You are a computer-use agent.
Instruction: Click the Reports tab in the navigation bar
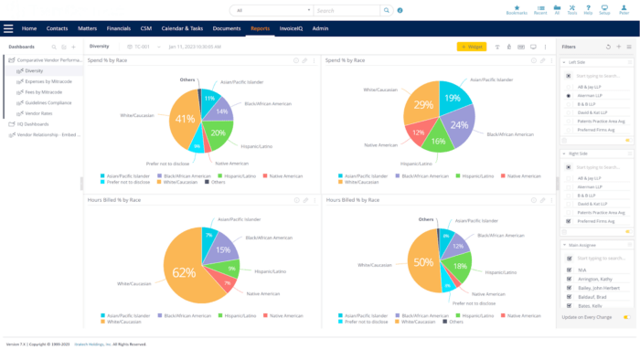tap(260, 28)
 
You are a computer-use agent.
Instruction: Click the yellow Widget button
tap(472, 47)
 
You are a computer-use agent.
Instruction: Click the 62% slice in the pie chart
tap(185, 272)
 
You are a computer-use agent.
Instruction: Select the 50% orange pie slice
tap(425, 263)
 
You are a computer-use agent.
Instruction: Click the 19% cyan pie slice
tap(452, 98)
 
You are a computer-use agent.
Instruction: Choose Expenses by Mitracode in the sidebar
tap(47, 81)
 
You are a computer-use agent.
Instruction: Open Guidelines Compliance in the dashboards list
tap(48, 102)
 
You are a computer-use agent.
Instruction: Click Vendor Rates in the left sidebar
tap(37, 112)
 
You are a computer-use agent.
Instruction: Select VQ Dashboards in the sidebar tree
tap(34, 123)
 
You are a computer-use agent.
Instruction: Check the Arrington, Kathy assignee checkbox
tap(570, 280)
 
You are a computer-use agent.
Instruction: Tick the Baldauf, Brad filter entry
tap(570, 298)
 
